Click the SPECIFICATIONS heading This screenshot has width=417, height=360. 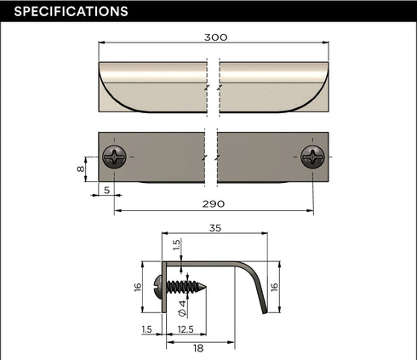(71, 11)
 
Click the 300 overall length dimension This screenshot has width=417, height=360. (216, 37)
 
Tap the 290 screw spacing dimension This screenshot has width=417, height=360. (214, 204)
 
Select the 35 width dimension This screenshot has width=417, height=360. (215, 228)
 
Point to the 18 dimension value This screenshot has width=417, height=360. (198, 348)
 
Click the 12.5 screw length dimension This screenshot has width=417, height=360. (186, 329)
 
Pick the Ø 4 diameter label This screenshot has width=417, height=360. (182, 308)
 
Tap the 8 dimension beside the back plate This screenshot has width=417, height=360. (81, 169)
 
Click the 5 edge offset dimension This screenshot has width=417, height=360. (106, 190)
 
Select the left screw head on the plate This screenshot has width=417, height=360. (114, 157)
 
